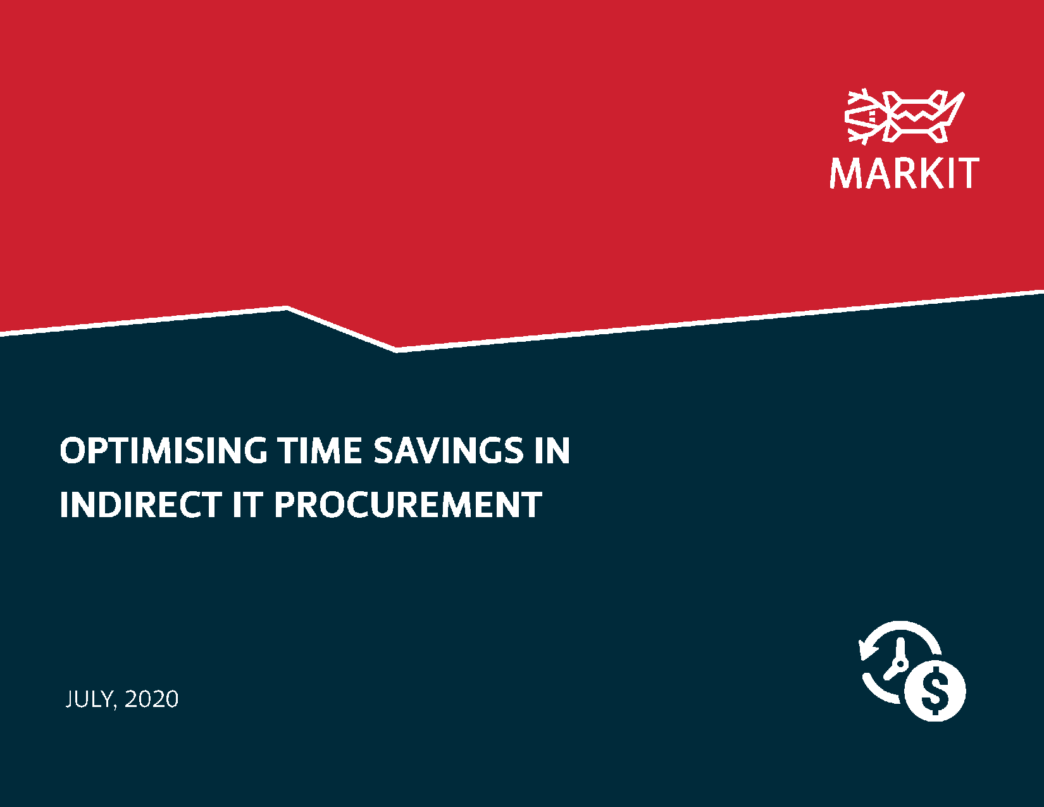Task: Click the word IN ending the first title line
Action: [x=552, y=451]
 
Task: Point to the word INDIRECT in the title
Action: [x=140, y=505]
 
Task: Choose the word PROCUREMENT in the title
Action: [x=408, y=505]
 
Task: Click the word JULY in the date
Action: [x=89, y=699]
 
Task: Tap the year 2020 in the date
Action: [x=152, y=699]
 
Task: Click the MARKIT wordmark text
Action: [x=904, y=173]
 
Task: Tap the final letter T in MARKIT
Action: [x=967, y=173]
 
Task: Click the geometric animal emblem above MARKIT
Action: [x=905, y=116]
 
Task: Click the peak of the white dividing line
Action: [x=287, y=308]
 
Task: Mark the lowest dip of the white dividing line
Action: [x=396, y=349]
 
